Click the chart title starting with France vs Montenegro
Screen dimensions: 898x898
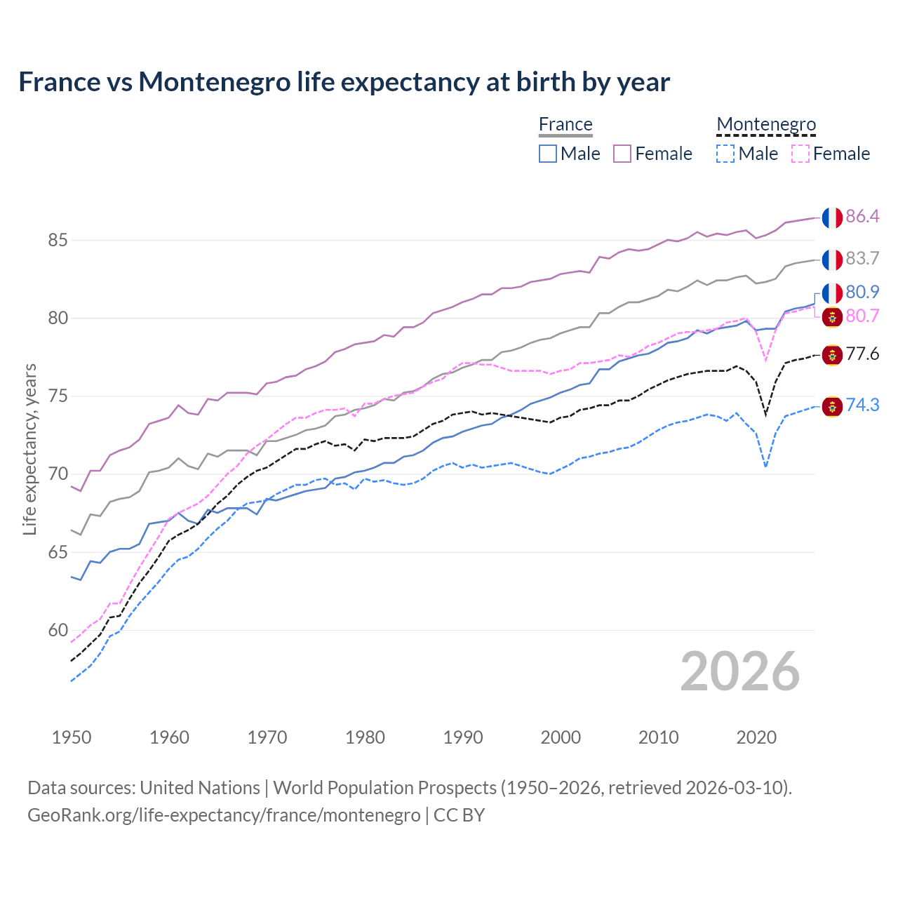click(x=344, y=82)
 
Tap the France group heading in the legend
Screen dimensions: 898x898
click(x=565, y=124)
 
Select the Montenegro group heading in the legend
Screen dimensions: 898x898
click(x=766, y=124)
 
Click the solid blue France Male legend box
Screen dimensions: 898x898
click(x=548, y=154)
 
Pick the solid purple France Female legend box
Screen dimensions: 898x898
click(x=622, y=154)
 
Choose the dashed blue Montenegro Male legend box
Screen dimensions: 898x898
click(x=725, y=154)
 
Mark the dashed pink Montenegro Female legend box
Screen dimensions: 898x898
click(x=800, y=154)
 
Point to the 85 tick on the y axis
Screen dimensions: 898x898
click(x=58, y=241)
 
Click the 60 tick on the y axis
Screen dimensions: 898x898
click(x=58, y=631)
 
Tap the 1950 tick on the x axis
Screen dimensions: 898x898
click(x=72, y=737)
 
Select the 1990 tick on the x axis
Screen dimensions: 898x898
click(x=463, y=737)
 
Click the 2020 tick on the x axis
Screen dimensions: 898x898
click(x=756, y=737)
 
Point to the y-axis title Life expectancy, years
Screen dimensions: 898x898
click(x=29, y=449)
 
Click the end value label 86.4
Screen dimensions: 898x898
click(x=862, y=217)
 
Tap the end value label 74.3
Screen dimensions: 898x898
click(x=862, y=406)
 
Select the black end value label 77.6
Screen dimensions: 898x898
click(x=862, y=354)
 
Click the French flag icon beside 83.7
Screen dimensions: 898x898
click(x=832, y=260)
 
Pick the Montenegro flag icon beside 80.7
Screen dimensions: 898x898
click(x=832, y=317)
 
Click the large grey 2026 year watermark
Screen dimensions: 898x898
click(x=739, y=671)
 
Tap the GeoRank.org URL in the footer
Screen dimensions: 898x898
click(x=224, y=815)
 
